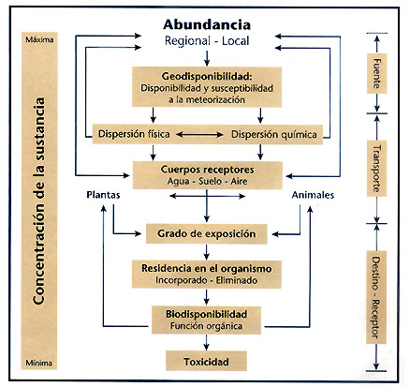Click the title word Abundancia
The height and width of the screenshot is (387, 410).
click(207, 24)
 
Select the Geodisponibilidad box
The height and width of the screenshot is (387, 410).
click(207, 87)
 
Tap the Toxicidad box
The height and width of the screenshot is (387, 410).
click(206, 361)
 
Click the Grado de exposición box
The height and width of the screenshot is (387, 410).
click(207, 233)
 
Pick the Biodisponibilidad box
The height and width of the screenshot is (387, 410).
click(206, 320)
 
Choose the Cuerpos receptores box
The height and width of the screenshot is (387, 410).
click(208, 175)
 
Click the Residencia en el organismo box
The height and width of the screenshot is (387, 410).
click(207, 274)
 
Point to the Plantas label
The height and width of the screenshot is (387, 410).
click(103, 195)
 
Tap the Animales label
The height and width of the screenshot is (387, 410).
click(313, 195)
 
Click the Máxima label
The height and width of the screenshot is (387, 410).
click(39, 39)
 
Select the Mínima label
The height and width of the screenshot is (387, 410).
click(39, 363)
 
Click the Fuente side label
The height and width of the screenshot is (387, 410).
click(377, 73)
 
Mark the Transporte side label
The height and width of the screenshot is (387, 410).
click(377, 169)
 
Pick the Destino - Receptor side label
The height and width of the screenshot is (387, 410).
click(376, 297)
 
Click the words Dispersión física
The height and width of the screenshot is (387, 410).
click(134, 134)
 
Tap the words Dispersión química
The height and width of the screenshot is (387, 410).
click(274, 134)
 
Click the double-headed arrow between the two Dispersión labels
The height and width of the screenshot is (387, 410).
click(199, 135)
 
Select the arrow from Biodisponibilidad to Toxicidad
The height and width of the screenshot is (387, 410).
click(206, 342)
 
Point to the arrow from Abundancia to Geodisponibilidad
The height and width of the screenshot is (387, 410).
click(207, 58)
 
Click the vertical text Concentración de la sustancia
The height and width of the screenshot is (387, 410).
click(39, 201)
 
